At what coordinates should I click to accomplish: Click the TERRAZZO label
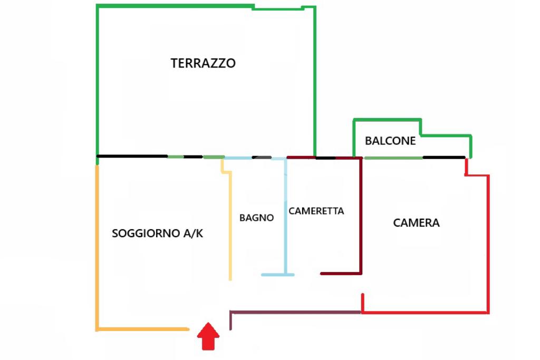(203, 63)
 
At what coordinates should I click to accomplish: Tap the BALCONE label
(390, 141)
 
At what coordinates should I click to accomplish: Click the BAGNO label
(256, 217)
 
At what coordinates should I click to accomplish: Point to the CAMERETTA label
(316, 211)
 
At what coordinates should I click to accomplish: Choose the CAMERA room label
(416, 222)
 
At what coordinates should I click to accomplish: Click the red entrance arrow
(208, 336)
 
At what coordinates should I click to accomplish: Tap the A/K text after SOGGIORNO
(193, 233)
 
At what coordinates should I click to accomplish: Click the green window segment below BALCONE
(393, 158)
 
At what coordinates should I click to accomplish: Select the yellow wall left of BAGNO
(230, 227)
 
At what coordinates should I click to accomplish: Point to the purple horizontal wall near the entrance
(295, 313)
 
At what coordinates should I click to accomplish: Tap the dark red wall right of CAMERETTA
(361, 216)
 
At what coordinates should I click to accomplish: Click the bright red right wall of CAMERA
(488, 242)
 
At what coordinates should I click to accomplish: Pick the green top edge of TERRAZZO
(174, 6)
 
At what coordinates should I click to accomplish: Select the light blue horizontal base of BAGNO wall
(277, 275)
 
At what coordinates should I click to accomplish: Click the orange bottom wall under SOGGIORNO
(142, 329)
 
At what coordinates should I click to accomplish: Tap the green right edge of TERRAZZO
(315, 79)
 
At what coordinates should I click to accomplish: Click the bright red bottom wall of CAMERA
(425, 313)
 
